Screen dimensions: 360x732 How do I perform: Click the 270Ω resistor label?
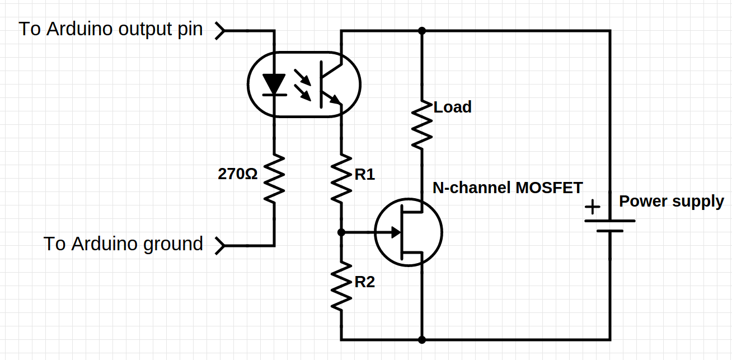coord(237,174)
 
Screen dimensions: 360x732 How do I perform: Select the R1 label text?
coord(364,175)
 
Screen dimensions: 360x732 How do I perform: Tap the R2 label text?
coord(364,282)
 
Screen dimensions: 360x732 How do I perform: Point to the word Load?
coord(452,107)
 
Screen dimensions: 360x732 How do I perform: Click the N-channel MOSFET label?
coord(508,188)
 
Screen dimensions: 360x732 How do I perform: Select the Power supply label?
coord(671,201)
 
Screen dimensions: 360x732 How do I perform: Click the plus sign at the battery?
coord(592,207)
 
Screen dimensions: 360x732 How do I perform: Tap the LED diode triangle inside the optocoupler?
coord(274,85)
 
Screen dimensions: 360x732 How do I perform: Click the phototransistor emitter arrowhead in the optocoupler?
coord(335,99)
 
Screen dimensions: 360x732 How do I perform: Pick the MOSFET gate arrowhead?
coord(396,231)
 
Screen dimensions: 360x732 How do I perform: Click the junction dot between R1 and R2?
coord(341,231)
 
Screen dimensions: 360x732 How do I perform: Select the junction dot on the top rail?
coord(422,30)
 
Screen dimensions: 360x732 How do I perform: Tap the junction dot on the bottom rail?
coord(422,339)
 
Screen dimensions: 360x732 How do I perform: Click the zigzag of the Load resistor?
coord(422,124)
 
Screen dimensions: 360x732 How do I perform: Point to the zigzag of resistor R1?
coord(341,178)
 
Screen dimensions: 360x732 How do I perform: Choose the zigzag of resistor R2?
coord(341,286)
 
